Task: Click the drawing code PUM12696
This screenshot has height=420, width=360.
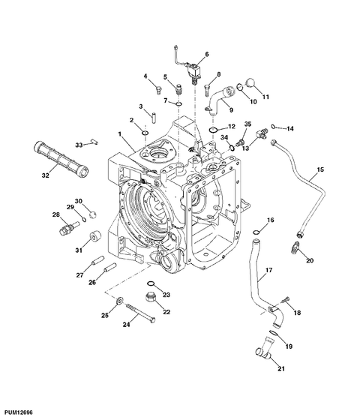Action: pos(19,412)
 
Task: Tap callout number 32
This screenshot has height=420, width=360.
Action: pos(46,175)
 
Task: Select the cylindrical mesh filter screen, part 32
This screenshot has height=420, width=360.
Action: pos(61,157)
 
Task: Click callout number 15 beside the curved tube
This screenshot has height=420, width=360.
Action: pos(320,169)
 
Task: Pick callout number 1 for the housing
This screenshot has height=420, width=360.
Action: pos(120,133)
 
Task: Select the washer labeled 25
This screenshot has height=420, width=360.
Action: pos(119,301)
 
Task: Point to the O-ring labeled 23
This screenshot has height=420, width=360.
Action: pos(151,283)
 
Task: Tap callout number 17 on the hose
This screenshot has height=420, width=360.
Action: pos(268,270)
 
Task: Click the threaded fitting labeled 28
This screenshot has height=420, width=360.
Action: pos(69,226)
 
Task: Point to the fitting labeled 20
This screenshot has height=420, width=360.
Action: pos(295,247)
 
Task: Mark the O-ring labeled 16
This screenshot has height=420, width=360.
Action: pos(256,232)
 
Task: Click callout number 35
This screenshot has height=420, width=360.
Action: pos(247,124)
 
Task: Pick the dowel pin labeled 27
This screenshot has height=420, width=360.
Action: pos(97,259)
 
